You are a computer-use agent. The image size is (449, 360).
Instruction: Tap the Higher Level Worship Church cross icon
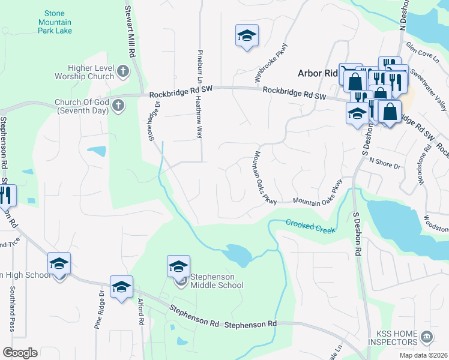122,71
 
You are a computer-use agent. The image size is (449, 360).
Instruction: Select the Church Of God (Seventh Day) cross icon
118,106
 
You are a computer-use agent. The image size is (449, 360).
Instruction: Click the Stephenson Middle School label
217,281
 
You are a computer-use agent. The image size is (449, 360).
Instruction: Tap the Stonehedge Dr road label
154,121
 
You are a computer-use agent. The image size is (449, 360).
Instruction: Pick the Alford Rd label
140,313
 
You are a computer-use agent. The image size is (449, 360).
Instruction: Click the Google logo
20,352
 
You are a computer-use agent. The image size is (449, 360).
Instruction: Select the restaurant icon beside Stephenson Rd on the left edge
6,194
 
